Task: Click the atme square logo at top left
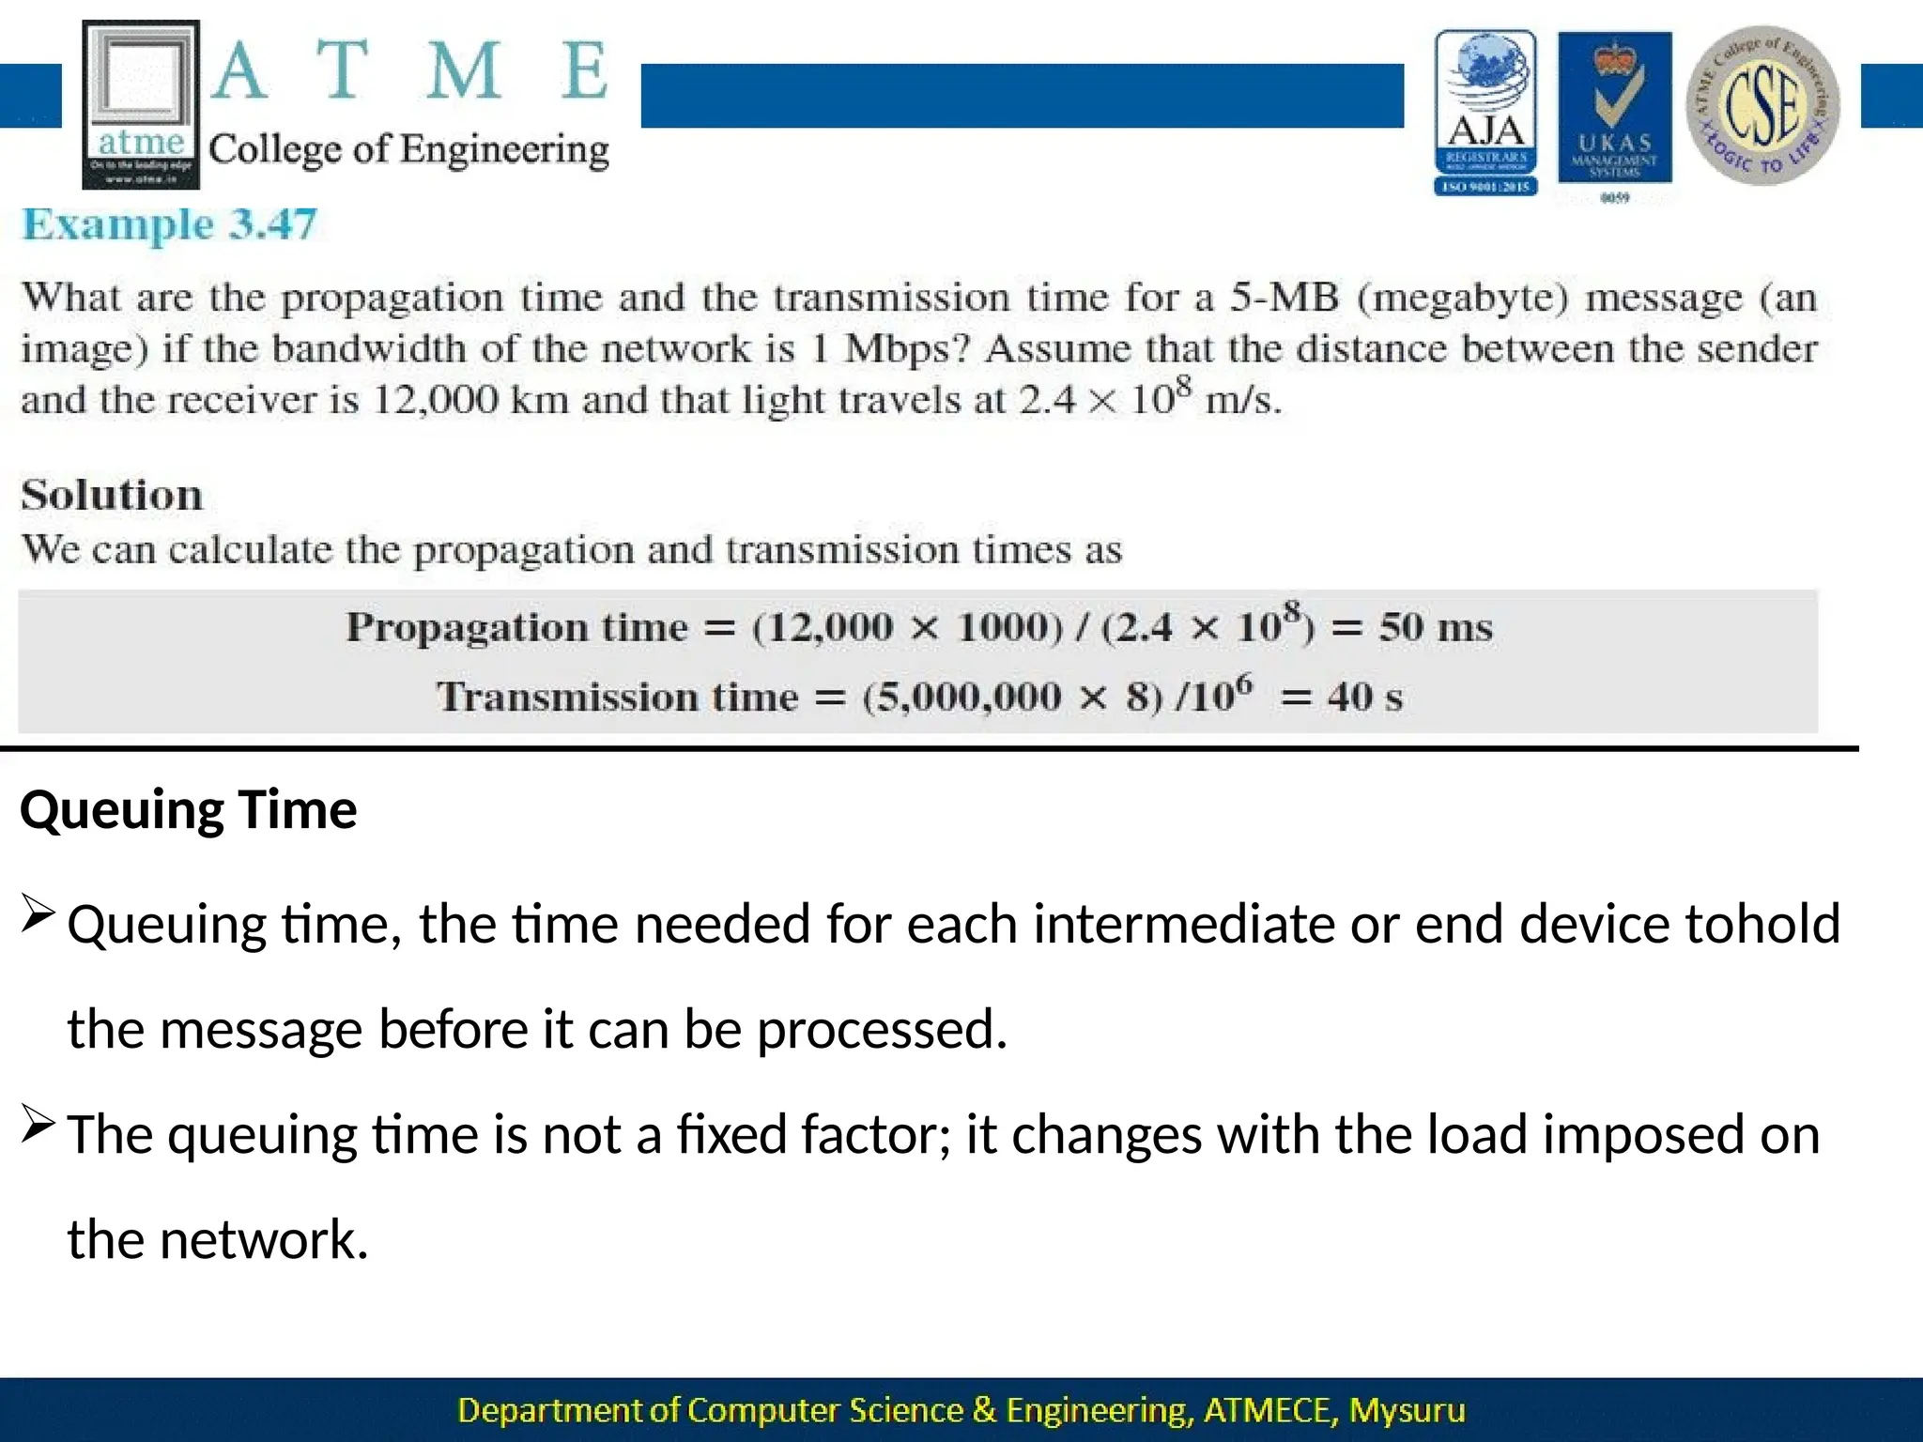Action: (141, 103)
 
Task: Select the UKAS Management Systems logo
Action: (1614, 113)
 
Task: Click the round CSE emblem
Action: (1762, 105)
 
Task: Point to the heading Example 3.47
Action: (170, 225)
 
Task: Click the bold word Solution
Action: (112, 495)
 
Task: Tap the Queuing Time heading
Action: (189, 809)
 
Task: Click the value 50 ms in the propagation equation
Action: (1435, 627)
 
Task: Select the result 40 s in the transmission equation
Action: (1364, 697)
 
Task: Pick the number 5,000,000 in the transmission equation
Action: (962, 697)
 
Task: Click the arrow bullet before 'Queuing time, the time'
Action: (38, 913)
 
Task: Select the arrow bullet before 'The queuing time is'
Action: (38, 1124)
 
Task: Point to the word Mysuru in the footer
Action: (1407, 1410)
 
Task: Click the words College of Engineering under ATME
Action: (408, 150)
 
